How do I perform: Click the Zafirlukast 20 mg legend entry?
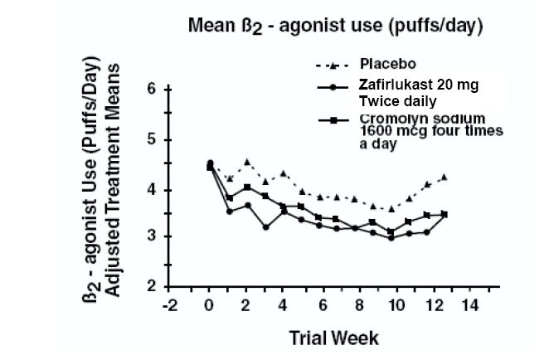(418, 85)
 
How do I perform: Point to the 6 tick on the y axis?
(153, 89)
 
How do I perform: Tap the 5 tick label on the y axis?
(153, 139)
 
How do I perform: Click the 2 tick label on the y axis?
(153, 287)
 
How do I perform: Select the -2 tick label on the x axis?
(172, 306)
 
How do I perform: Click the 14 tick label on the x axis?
(469, 306)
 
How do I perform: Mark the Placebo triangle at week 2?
(247, 161)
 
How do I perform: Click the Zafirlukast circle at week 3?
(266, 226)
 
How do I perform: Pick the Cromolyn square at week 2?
(247, 187)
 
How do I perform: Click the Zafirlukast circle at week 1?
(229, 211)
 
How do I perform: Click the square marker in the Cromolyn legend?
(333, 120)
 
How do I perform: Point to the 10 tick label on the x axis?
(395, 306)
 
